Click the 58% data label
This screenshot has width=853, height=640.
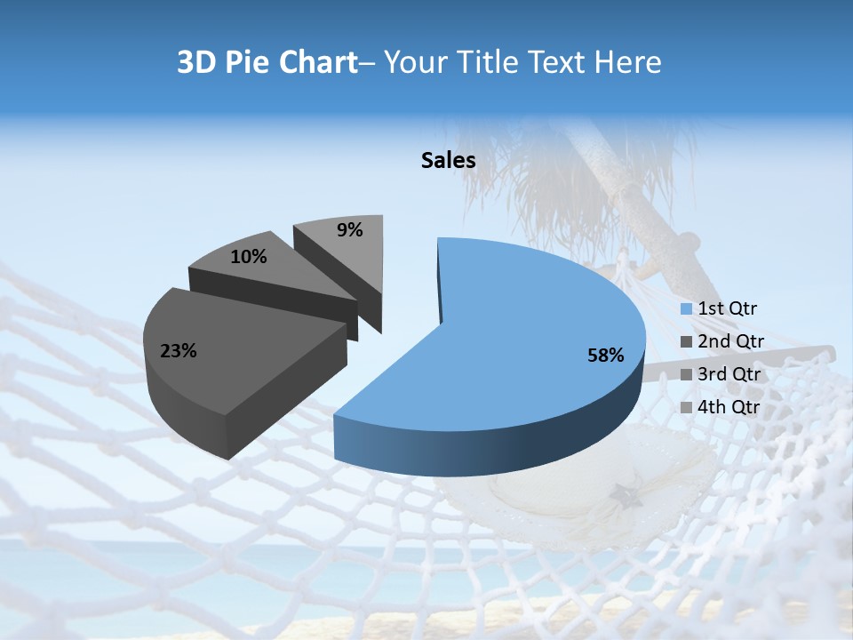pyautogui.click(x=605, y=356)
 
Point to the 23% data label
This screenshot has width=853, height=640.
pyautogui.click(x=178, y=351)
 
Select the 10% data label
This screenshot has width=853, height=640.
pyautogui.click(x=248, y=257)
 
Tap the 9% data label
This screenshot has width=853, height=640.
pyautogui.click(x=350, y=230)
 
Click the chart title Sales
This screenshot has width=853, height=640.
pyautogui.click(x=448, y=160)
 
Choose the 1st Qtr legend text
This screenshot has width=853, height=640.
pyautogui.click(x=727, y=308)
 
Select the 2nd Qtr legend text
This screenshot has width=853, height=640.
pyautogui.click(x=730, y=340)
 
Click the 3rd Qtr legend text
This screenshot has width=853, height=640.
pyautogui.click(x=730, y=374)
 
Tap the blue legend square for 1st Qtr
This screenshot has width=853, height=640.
pyautogui.click(x=687, y=309)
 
